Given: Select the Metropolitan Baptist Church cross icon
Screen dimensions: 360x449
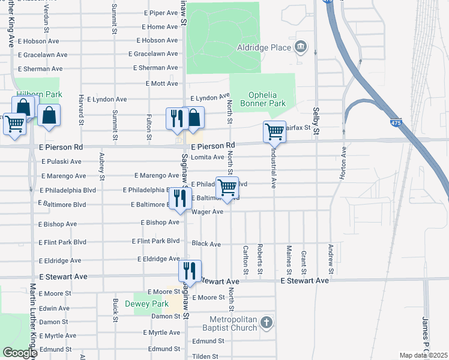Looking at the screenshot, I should click(x=267, y=324).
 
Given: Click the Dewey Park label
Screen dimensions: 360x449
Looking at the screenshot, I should click(x=151, y=304).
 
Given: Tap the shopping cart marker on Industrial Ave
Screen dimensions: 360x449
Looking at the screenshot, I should click(x=274, y=131).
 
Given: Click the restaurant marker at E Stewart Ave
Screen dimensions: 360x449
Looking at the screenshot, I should click(x=189, y=271).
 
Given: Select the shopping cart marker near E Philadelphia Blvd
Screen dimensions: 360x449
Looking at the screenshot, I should click(x=227, y=187).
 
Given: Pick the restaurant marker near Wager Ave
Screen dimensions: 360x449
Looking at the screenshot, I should click(x=180, y=198).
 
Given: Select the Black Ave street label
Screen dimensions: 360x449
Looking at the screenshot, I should click(x=206, y=244).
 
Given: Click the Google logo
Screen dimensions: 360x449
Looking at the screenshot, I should click(x=20, y=353).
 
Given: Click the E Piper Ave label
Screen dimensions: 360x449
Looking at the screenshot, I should click(x=161, y=13).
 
